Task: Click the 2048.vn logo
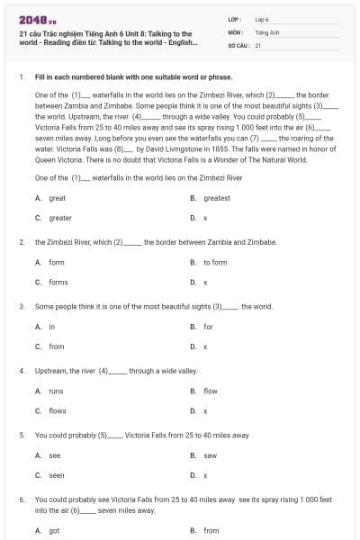(32, 20)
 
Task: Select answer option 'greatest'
(216, 198)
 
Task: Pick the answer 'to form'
(215, 262)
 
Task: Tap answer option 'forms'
(58, 282)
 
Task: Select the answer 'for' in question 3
(208, 326)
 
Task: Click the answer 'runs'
(56, 391)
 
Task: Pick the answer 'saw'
(210, 455)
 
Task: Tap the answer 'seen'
(56, 475)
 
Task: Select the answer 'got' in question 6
(54, 530)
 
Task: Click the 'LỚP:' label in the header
(235, 18)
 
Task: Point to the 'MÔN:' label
(236, 31)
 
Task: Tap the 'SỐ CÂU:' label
(238, 44)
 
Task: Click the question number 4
(21, 371)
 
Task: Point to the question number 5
(21, 435)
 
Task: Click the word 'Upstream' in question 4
(52, 371)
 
